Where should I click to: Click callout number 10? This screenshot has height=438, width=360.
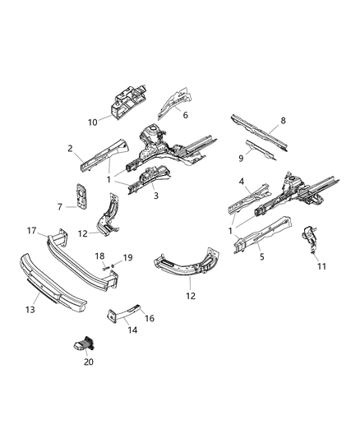(92, 122)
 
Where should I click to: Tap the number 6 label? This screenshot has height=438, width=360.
(185, 116)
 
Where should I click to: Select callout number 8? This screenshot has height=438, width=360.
(284, 121)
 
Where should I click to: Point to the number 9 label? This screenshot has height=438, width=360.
(242, 156)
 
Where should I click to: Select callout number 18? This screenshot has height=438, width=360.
(99, 257)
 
